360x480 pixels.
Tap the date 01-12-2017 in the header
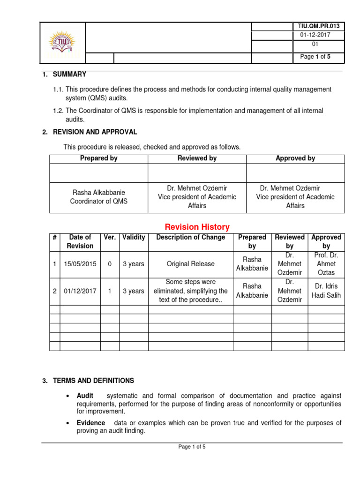coord(315,36)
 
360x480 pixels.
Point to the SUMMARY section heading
coord(71,75)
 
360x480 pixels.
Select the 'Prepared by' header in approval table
coord(98,158)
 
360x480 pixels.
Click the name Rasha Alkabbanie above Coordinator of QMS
coord(98,193)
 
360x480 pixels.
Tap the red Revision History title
coord(197,227)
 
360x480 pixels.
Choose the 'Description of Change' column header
coord(191,238)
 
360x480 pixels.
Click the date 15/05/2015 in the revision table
coord(80,264)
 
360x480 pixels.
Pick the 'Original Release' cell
coord(191,264)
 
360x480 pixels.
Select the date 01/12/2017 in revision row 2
coord(80,291)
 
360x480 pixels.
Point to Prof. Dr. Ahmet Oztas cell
coord(326,264)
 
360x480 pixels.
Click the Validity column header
coord(134,238)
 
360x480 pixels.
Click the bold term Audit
coord(86,396)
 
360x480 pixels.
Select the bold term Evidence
coord(90,423)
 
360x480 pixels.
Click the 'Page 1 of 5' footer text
coord(192,447)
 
